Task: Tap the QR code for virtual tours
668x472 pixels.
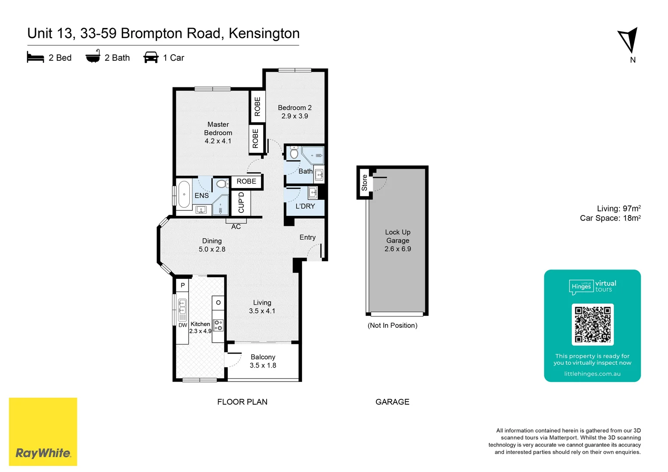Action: coord(592,324)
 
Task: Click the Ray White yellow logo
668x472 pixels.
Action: coord(43,431)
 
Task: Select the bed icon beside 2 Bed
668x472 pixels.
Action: coord(35,58)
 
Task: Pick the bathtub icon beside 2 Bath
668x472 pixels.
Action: coord(93,57)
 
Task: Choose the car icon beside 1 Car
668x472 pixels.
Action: coord(151,58)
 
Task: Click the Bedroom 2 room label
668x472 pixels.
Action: coord(295,108)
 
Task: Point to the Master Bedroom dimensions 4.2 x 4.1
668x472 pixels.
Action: coord(218,141)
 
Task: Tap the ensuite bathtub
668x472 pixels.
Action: coord(184,194)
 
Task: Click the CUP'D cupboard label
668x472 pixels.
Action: coord(241,203)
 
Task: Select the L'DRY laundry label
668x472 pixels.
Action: coord(305,206)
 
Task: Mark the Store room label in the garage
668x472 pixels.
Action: coord(364,183)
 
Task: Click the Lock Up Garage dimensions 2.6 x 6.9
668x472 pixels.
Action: coord(397,249)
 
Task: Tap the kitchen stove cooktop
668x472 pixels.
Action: coord(218,325)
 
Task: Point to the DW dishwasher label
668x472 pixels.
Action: coord(183,325)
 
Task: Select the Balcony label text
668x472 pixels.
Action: coord(263,357)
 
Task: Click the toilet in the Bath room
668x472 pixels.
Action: coord(294,153)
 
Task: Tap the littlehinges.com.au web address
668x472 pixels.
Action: coord(592,374)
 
